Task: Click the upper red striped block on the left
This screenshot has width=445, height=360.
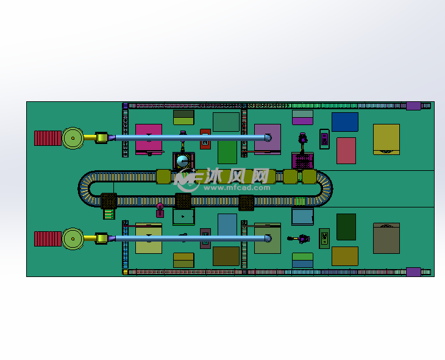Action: (48, 138)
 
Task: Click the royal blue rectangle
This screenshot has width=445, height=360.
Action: (344, 122)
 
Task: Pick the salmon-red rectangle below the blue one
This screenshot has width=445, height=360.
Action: (346, 151)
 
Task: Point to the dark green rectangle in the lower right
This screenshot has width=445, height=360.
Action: (346, 226)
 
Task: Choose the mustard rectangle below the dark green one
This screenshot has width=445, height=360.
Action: (344, 256)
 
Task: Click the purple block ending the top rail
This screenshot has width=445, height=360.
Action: (413, 106)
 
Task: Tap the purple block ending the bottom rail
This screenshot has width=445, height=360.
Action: (413, 272)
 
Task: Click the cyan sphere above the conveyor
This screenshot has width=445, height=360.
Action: (182, 161)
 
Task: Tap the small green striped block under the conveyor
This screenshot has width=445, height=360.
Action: (109, 214)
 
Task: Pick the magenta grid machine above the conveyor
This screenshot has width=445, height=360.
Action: (302, 161)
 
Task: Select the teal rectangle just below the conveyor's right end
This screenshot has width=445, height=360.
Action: (302, 217)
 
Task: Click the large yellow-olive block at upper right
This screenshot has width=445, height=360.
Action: (386, 139)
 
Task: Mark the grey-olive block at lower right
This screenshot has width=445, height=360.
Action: (386, 238)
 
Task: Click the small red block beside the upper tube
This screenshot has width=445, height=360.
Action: (205, 139)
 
